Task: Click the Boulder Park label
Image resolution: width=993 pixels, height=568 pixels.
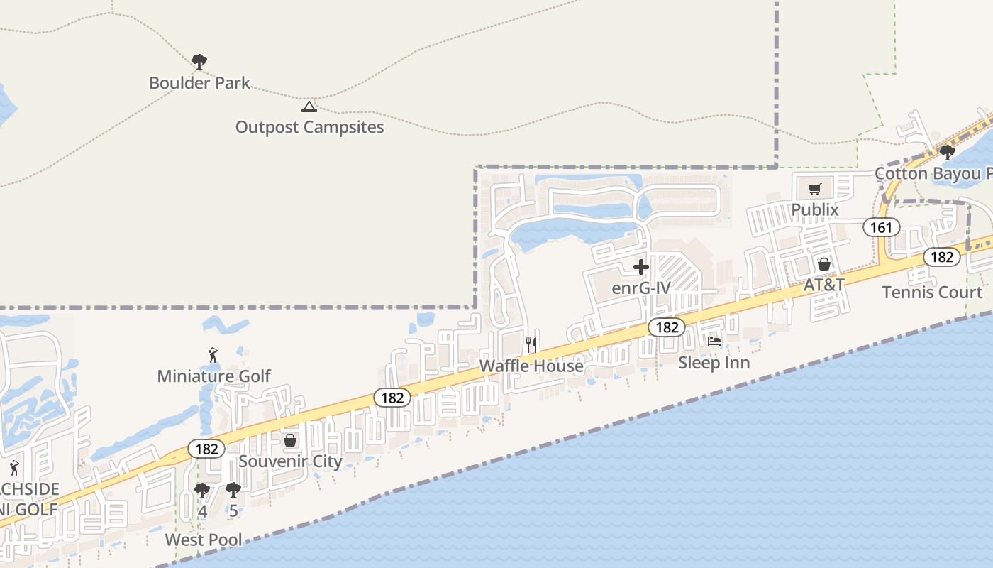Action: click(x=199, y=83)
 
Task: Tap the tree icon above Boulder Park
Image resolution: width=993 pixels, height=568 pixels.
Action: click(x=199, y=62)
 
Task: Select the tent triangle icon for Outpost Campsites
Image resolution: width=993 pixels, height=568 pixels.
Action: click(x=309, y=106)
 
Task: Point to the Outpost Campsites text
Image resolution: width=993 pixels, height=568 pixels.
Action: click(x=309, y=127)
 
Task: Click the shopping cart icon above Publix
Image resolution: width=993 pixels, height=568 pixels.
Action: click(x=815, y=189)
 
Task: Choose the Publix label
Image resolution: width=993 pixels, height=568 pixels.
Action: click(x=815, y=209)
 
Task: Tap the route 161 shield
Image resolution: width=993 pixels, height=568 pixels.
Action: click(x=881, y=227)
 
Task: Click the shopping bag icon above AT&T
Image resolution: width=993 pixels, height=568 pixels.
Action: click(x=823, y=264)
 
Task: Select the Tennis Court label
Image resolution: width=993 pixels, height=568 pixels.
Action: click(x=932, y=292)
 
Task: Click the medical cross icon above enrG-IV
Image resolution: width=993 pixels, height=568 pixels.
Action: click(x=641, y=268)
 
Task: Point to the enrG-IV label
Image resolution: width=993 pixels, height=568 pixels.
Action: click(x=641, y=288)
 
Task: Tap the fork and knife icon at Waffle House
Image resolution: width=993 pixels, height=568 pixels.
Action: click(x=531, y=345)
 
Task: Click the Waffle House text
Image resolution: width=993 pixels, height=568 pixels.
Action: click(x=531, y=366)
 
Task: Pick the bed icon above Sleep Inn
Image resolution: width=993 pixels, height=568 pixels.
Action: click(x=714, y=342)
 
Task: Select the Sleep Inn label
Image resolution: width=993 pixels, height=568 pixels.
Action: click(x=714, y=363)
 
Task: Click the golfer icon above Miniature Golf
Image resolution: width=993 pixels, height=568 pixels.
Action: click(x=213, y=355)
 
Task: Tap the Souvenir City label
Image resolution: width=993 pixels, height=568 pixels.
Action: click(x=290, y=461)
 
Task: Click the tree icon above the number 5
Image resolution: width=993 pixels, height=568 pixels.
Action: click(x=233, y=490)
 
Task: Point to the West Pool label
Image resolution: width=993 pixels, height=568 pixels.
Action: click(x=204, y=540)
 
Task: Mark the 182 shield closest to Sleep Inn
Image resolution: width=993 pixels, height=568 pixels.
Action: click(x=667, y=327)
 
